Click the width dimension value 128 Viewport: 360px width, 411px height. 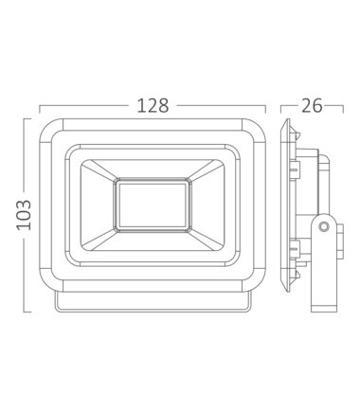tap(153, 105)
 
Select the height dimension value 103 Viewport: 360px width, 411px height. tap(24, 215)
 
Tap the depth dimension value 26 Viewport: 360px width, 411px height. tap(312, 105)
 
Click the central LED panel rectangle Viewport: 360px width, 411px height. tap(153, 205)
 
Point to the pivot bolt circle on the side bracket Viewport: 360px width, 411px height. tap(323, 226)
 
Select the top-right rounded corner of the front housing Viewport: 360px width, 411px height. tap(258, 127)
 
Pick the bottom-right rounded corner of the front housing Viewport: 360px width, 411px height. tap(258, 283)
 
